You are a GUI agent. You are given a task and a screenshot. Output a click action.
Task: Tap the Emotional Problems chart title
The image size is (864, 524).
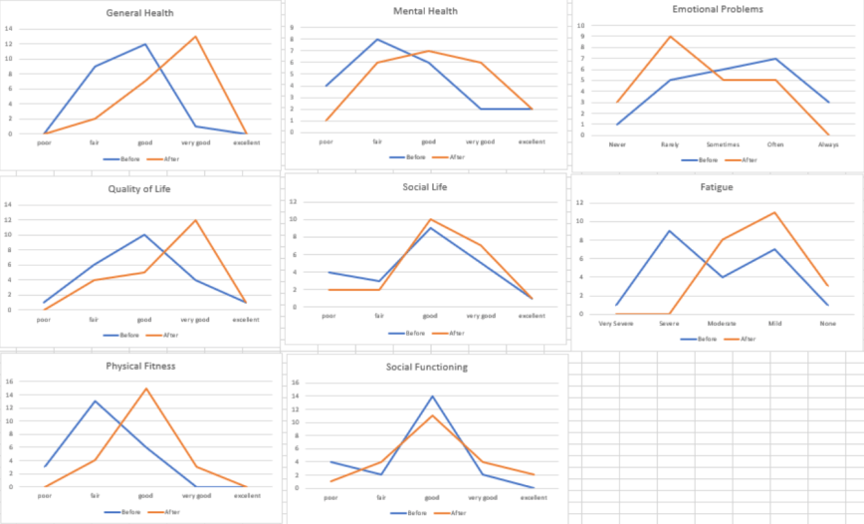[x=718, y=9]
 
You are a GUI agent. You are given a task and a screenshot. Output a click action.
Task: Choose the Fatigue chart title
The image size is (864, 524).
[x=717, y=186]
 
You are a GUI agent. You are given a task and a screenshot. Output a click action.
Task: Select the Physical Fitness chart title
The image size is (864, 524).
[x=140, y=366]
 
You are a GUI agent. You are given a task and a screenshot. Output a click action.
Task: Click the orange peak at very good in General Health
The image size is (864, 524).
[x=195, y=37]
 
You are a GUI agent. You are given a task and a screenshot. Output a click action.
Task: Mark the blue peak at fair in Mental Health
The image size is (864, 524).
[x=377, y=40]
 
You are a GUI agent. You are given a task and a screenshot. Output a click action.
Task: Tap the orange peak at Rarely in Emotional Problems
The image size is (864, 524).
[x=670, y=37]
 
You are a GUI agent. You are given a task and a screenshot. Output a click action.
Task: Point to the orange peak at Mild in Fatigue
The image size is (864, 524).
[x=773, y=212]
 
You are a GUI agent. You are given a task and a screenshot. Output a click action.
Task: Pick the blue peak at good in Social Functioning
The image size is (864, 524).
[x=432, y=396]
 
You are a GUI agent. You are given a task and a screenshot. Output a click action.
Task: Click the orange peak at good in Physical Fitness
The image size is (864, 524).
[x=146, y=389]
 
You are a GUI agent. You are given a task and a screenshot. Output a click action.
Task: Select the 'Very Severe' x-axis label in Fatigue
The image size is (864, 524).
[x=617, y=324]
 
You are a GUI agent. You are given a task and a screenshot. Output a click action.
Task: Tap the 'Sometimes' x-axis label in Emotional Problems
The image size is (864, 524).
[x=723, y=144]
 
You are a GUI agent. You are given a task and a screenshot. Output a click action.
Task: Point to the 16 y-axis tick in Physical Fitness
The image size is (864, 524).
[x=8, y=382]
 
